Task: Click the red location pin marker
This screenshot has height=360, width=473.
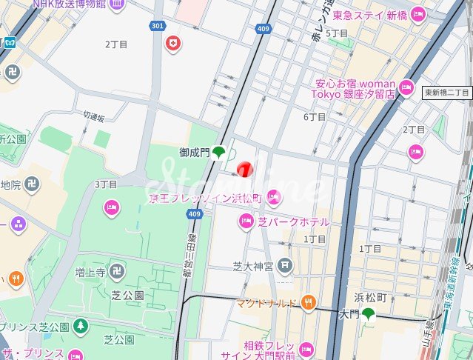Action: point(245,170)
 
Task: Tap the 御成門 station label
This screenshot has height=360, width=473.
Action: point(195,153)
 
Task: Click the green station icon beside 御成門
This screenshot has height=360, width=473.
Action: point(219,153)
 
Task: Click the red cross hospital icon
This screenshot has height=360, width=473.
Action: point(174,44)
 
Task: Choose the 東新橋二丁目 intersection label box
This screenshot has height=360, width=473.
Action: point(447,93)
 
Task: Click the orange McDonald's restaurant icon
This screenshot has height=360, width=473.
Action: point(309,302)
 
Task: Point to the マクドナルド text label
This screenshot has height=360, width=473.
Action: point(267,303)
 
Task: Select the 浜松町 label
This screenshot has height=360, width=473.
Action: point(370,297)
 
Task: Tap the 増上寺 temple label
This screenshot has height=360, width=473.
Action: point(90,273)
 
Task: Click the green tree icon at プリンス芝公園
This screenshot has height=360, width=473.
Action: point(80,327)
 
